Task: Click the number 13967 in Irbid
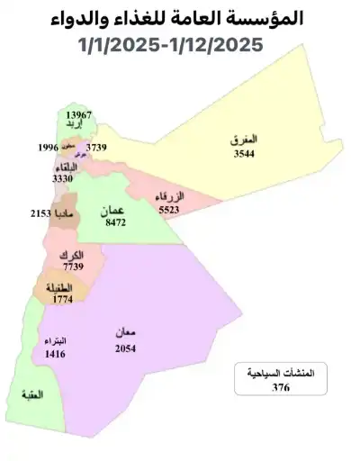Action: [79, 116]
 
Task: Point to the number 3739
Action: [97, 147]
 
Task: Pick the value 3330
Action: [63, 179]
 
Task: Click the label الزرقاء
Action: [169, 196]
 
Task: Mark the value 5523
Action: [169, 208]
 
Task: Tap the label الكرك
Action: [72, 256]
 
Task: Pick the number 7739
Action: [73, 267]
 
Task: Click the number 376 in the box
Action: [281, 388]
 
